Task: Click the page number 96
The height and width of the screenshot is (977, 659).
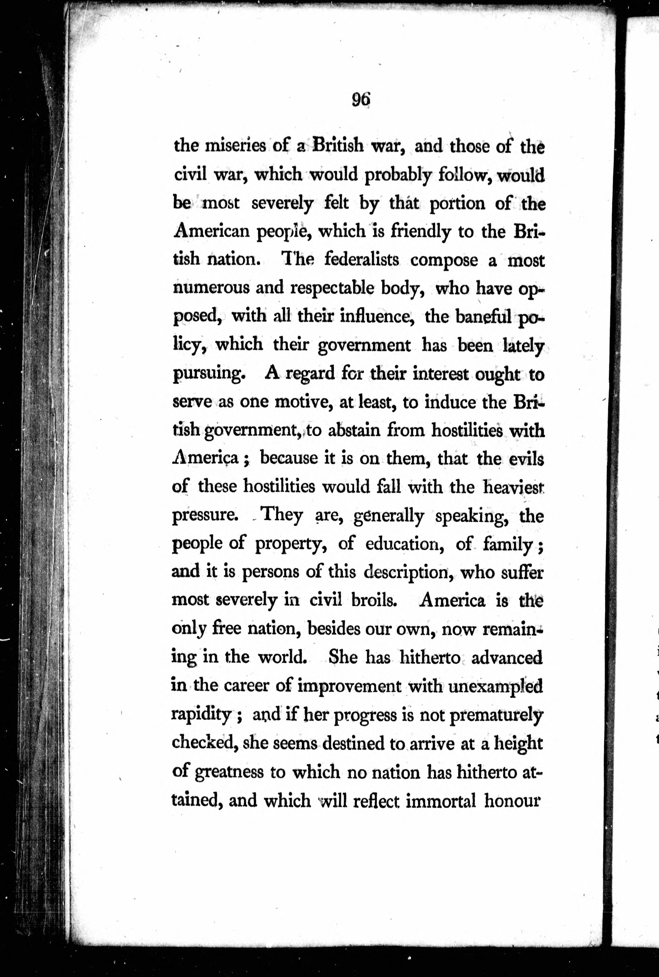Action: (361, 100)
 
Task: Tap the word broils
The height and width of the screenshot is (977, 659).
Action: (374, 601)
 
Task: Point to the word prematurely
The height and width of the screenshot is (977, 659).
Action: (496, 715)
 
